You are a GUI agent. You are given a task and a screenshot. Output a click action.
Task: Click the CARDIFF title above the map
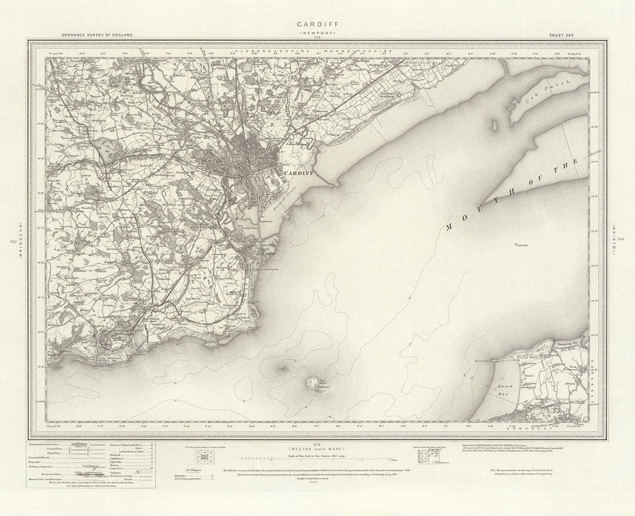tap(317, 23)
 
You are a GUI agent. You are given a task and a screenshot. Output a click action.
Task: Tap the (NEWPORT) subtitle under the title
tap(317, 32)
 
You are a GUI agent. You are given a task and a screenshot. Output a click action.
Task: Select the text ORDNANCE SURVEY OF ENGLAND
tap(92, 35)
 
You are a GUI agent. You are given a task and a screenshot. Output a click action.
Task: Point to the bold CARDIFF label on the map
tap(297, 172)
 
